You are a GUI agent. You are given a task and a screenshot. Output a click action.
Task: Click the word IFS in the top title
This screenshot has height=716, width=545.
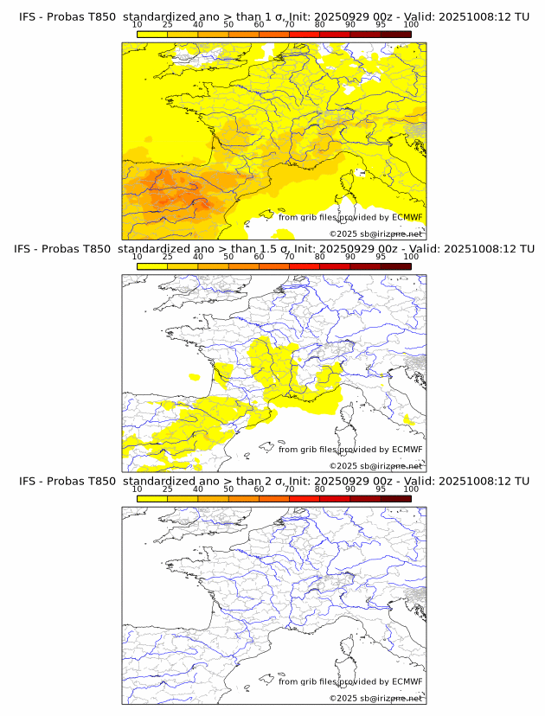[x=28, y=17]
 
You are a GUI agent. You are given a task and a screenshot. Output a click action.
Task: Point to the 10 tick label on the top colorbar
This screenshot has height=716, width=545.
[x=137, y=26]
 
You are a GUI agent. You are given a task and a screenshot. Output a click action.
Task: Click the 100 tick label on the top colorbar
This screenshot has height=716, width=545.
[x=410, y=26]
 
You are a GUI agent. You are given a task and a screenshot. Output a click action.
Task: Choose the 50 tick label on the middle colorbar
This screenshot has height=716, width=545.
[x=228, y=258]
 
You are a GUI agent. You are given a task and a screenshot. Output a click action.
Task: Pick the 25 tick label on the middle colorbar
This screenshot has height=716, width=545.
[x=167, y=258]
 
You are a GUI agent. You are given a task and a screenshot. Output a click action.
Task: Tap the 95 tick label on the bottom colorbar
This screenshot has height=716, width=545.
[x=381, y=489]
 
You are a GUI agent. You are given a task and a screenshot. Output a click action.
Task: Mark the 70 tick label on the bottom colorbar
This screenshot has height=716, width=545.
[x=289, y=489]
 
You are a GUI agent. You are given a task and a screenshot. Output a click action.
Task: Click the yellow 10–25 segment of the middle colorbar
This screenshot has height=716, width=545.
[x=152, y=265]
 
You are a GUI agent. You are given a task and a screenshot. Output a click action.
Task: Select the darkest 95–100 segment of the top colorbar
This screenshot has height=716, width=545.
[x=395, y=34]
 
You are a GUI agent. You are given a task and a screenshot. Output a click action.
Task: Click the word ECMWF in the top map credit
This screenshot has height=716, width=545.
[x=407, y=217]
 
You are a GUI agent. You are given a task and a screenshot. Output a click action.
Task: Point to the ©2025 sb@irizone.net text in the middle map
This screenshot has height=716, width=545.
[x=375, y=465]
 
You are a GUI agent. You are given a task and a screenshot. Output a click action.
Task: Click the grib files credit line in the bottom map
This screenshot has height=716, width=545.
[x=350, y=681]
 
